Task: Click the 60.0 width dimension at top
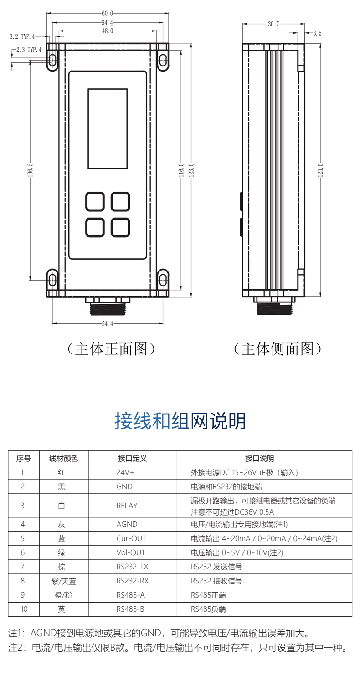pyautogui.click(x=107, y=14)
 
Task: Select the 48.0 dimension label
pyautogui.click(x=107, y=31)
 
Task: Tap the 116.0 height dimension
pyautogui.click(x=181, y=169)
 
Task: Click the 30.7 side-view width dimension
pyautogui.click(x=273, y=24)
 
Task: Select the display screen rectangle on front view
pyautogui.click(x=108, y=128)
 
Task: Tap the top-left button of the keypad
pyautogui.click(x=95, y=201)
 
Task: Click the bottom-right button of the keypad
pyautogui.click(x=121, y=227)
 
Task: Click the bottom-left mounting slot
pyautogui.click(x=52, y=279)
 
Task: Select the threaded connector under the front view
pyautogui.click(x=108, y=307)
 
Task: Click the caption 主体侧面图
pyautogui.click(x=278, y=349)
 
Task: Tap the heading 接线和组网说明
pyautogui.click(x=180, y=421)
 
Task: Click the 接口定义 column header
pyautogui.click(x=132, y=458)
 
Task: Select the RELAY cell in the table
pyautogui.click(x=127, y=506)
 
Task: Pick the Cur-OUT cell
pyautogui.click(x=131, y=538)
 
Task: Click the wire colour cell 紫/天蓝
pyautogui.click(x=62, y=581)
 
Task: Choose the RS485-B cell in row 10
pyautogui.click(x=130, y=609)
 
